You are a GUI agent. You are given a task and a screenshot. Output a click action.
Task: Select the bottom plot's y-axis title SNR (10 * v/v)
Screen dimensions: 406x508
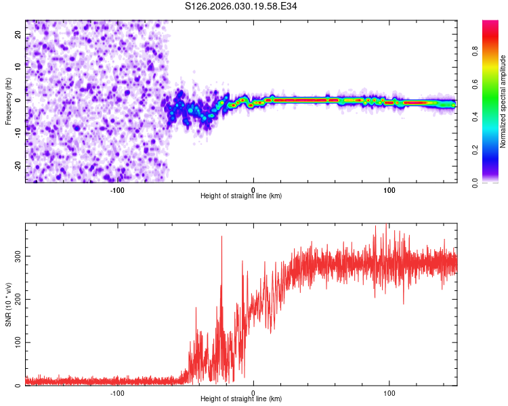tap(8, 304)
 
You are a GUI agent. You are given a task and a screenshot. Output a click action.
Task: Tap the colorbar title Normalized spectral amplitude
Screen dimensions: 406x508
tap(503, 101)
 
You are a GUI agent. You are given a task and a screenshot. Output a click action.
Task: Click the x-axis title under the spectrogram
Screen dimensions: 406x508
tap(241, 196)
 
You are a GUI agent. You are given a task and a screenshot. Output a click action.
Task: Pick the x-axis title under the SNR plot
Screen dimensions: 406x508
tap(241, 399)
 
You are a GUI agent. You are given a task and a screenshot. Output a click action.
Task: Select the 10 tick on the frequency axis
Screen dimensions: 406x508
tap(18, 67)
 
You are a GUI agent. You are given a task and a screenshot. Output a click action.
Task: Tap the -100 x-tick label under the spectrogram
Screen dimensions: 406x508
tap(117, 189)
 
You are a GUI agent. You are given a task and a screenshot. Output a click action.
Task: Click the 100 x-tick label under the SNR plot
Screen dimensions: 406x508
tap(389, 392)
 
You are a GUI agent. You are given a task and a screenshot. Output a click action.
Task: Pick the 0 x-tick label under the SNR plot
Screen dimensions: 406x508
tap(253, 392)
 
